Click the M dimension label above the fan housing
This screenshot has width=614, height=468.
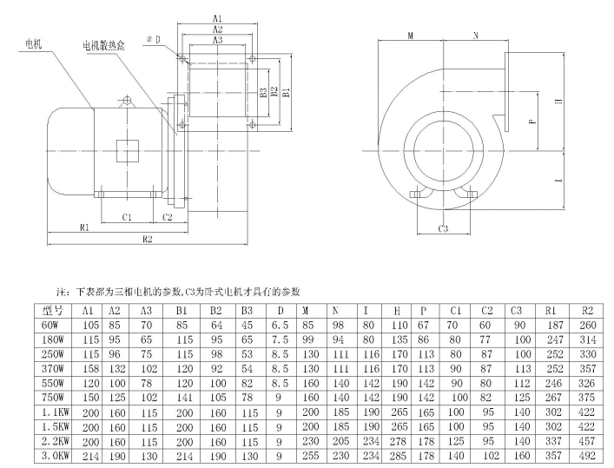coord(410,36)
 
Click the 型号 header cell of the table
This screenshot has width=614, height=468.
coord(52,309)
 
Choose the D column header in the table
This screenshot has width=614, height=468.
coord(280,309)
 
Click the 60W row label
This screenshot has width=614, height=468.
coord(52,324)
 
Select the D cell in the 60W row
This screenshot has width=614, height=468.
coord(280,324)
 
